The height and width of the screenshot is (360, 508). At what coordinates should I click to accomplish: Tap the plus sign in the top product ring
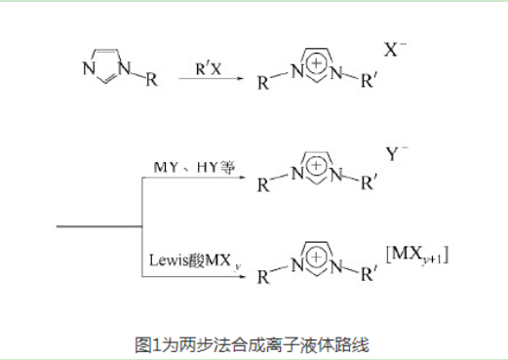point(316,61)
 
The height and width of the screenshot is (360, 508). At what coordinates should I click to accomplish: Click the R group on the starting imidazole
point(150,80)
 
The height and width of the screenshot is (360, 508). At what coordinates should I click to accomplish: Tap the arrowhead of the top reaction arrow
point(238,80)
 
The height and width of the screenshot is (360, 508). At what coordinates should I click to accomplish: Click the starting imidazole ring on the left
point(104,64)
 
